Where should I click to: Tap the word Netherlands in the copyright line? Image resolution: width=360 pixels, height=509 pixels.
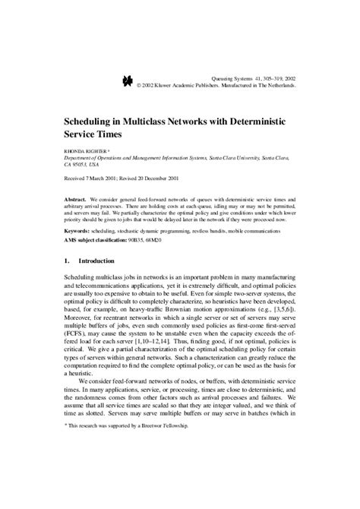279,85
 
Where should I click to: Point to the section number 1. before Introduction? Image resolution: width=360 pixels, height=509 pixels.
67,262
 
